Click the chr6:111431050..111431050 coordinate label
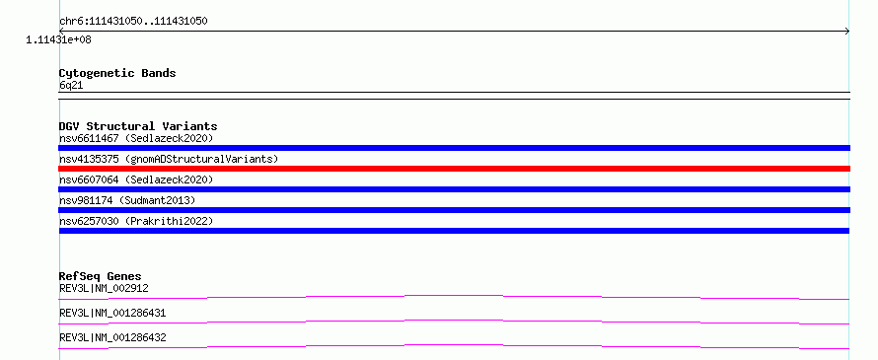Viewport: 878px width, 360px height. pyautogui.click(x=133, y=22)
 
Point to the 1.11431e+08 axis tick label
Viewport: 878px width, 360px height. pyautogui.click(x=59, y=39)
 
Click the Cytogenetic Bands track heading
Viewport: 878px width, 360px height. pyautogui.click(x=117, y=73)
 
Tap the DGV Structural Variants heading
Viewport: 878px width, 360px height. pyautogui.click(x=138, y=126)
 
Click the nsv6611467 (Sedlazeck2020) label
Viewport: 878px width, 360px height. pyautogui.click(x=136, y=138)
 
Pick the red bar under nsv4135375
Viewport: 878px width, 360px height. pyautogui.click(x=454, y=169)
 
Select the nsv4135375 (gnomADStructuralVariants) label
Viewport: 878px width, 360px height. pyautogui.click(x=169, y=159)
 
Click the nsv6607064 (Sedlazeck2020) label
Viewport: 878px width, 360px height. pyautogui.click(x=136, y=180)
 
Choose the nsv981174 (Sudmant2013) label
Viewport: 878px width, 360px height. pyautogui.click(x=127, y=200)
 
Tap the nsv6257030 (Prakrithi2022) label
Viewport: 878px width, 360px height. pyautogui.click(x=136, y=221)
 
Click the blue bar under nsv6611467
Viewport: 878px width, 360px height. pyautogui.click(x=454, y=148)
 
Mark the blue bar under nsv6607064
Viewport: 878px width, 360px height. pyautogui.click(x=454, y=189)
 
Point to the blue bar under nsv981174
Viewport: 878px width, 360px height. pyautogui.click(x=454, y=210)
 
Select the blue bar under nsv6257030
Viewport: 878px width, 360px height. pyautogui.click(x=454, y=231)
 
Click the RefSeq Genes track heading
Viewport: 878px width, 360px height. pyautogui.click(x=100, y=276)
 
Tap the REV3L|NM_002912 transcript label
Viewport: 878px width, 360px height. pyautogui.click(x=104, y=288)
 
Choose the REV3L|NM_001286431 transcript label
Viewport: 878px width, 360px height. pyautogui.click(x=112, y=313)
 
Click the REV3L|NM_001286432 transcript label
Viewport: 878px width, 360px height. pyautogui.click(x=112, y=337)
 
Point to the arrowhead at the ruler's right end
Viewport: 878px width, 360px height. pyautogui.click(x=847, y=32)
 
